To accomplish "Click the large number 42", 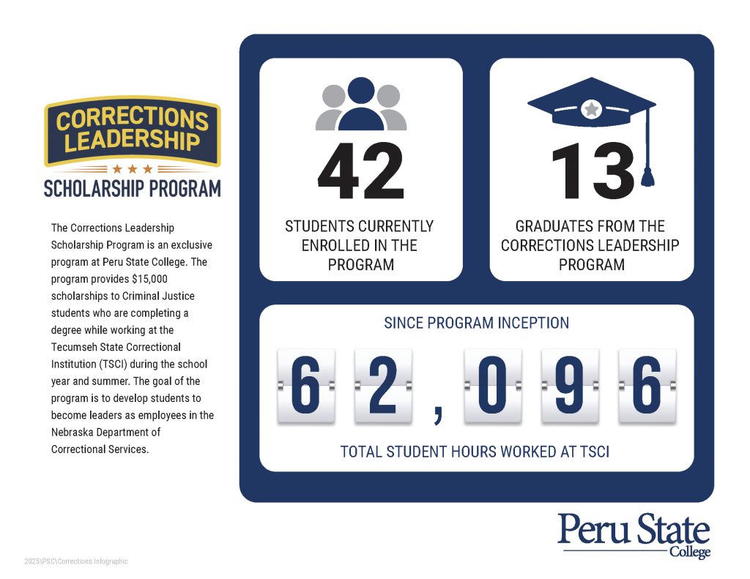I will [360, 172].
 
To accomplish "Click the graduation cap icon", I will [590, 110].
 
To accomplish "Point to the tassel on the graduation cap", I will [647, 176].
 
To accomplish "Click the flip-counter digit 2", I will [382, 386].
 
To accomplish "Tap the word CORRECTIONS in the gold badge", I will [133, 118].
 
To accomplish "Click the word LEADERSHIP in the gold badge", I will [133, 140].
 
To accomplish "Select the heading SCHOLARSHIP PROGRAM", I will [133, 189].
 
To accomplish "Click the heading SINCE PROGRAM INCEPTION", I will [477, 323].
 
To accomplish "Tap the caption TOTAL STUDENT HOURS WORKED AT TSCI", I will [475, 452].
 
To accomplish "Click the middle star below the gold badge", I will [133, 169].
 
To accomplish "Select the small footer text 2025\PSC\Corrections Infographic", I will [75, 561].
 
